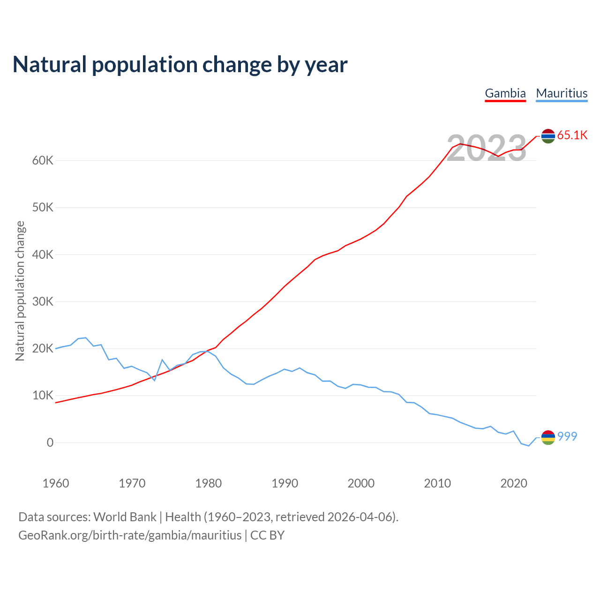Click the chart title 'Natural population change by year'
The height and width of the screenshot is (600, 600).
pos(180,65)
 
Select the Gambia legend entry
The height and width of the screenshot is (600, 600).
pos(505,93)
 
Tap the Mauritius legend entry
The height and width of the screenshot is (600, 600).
pos(562,93)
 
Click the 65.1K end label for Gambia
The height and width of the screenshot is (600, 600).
pos(572,135)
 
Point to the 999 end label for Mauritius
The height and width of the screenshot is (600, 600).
pos(567,436)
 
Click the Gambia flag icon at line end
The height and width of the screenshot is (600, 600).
pos(548,136)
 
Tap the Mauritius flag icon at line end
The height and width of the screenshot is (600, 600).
pos(548,437)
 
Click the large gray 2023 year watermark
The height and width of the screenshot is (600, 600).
pos(487,149)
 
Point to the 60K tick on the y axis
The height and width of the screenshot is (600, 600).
pos(43,161)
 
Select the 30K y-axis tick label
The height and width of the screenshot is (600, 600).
pos(43,302)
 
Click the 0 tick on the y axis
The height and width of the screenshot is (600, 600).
pos(50,443)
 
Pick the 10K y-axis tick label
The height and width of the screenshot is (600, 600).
pos(43,396)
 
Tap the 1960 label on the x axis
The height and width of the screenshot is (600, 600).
pos(56,483)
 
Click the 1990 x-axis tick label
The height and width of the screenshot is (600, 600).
pos(285,483)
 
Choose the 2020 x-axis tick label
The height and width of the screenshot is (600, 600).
pos(514,483)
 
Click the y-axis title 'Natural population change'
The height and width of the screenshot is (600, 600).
pos(20,291)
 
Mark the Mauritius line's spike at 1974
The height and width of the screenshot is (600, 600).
pos(162,360)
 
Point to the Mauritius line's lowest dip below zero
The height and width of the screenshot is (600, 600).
pos(529,446)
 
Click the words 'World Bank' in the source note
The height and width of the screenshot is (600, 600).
pos(125,517)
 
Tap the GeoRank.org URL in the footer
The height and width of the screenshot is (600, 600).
pos(130,535)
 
